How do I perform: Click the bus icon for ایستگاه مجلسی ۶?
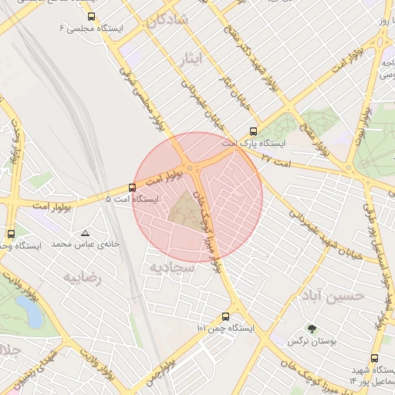[92, 16]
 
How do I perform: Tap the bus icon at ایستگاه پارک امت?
[254, 132]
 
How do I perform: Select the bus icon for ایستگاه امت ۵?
[132, 187]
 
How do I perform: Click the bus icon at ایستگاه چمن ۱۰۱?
[225, 316]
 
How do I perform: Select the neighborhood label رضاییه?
[83, 278]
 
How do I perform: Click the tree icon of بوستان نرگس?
[312, 329]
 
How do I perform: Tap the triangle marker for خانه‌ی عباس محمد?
[85, 232]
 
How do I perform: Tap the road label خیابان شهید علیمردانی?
[324, 231]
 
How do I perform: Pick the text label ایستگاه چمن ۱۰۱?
[225, 329]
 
